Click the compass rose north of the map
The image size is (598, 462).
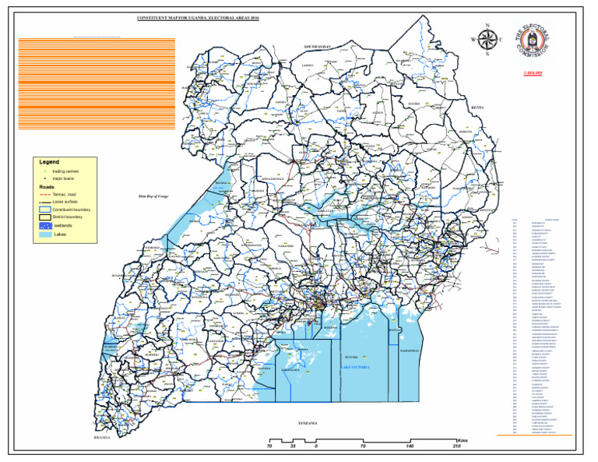tap(488, 39)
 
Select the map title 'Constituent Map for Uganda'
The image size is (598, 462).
tap(197, 16)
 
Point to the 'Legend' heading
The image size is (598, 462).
tap(49, 162)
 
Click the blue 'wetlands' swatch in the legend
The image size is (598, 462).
tap(45, 225)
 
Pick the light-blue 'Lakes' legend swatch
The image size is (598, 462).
tap(45, 234)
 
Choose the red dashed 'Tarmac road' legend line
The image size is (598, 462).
tap(45, 194)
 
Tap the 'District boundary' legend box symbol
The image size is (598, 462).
tap(45, 217)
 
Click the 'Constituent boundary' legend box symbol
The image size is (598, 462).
tap(45, 210)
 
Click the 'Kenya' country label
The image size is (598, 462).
tap(477, 107)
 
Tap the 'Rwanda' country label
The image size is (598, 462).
tap(103, 438)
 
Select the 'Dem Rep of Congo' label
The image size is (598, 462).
tap(153, 198)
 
